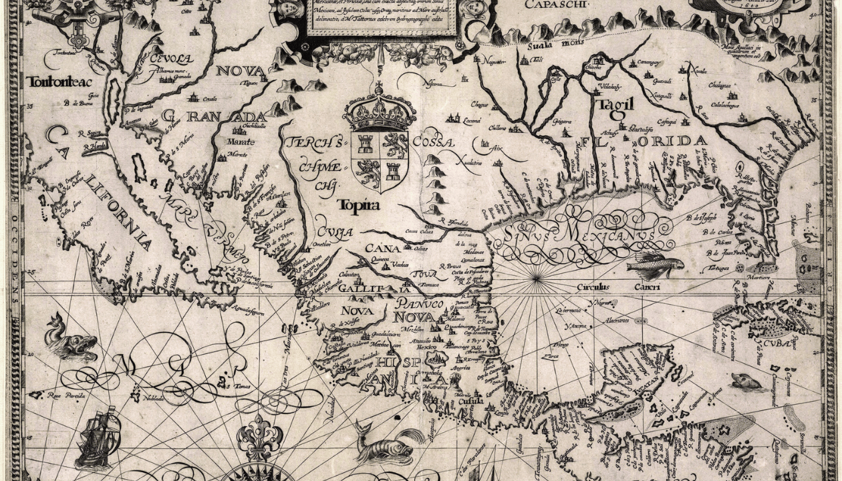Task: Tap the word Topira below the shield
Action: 359,204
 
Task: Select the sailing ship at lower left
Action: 98,438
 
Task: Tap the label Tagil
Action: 614,104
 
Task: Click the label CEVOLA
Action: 172,59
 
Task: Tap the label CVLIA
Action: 334,232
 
